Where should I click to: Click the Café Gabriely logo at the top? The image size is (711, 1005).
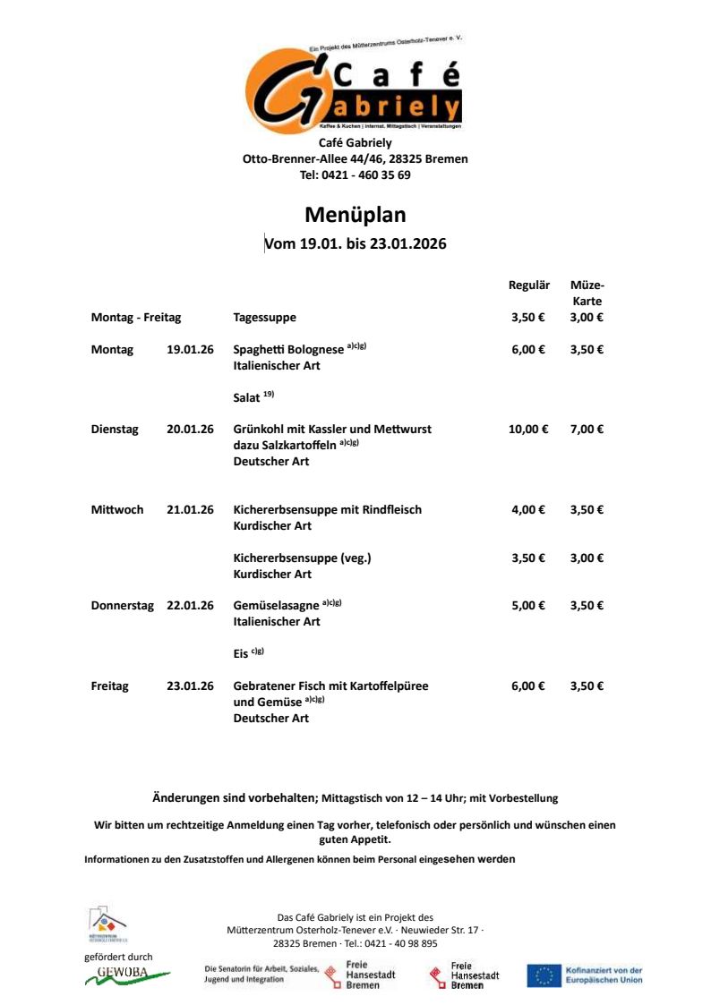coord(355,88)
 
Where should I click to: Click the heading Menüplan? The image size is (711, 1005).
coord(355,215)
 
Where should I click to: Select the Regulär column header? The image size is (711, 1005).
coord(528,285)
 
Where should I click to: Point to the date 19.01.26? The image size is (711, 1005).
coord(190,350)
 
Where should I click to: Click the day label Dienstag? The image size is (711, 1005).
coord(115,430)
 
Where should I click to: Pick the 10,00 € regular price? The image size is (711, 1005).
coord(527,430)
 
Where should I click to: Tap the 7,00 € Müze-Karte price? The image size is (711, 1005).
coord(587,430)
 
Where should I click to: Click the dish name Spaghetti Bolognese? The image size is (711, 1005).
coord(288,350)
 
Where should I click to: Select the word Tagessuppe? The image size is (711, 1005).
coord(264,318)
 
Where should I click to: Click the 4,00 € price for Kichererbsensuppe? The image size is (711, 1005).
coord(528,510)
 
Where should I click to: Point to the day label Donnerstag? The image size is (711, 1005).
coord(122,606)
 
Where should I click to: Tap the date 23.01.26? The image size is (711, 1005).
coord(190,686)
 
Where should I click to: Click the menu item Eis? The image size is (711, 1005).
coord(240,654)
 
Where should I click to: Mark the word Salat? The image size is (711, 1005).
coord(246,397)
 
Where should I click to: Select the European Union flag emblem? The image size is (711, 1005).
coord(544,975)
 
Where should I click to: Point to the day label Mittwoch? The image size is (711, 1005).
coord(117,510)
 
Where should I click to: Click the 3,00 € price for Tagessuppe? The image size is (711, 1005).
coord(587,318)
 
